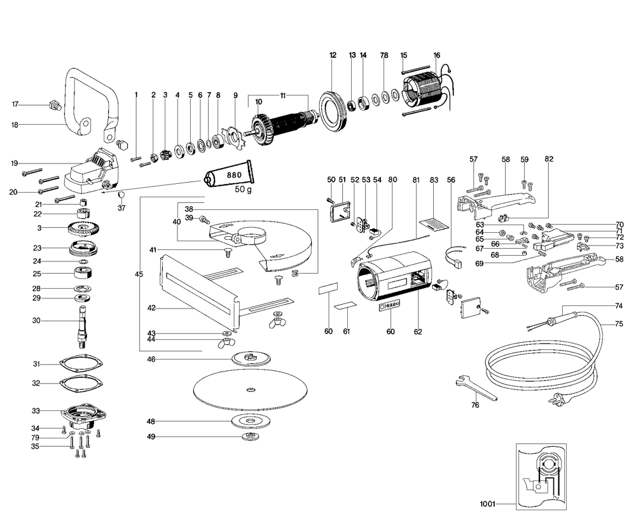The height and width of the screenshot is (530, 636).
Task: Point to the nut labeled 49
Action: pos(249,437)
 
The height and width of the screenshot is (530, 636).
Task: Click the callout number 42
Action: pos(151,308)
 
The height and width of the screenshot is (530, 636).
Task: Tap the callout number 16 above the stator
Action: pos(436,55)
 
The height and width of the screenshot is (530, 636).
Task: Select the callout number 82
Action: pos(549,158)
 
